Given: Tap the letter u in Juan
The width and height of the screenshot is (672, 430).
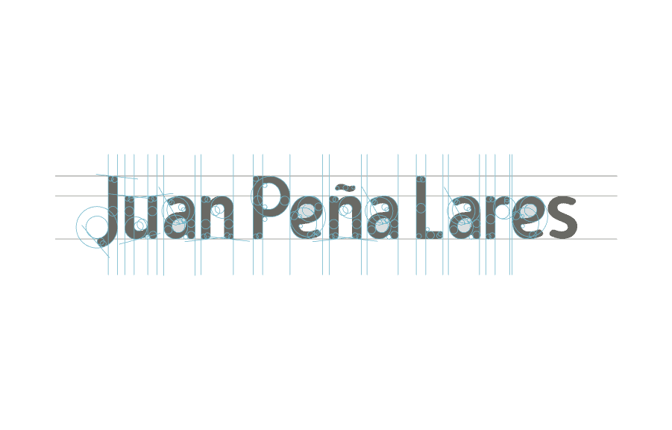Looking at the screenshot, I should (x=140, y=219).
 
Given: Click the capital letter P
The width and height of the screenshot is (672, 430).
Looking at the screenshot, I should (x=270, y=205).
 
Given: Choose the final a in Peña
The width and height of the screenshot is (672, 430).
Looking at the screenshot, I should (x=383, y=219).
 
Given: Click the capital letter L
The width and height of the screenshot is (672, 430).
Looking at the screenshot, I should (x=421, y=208).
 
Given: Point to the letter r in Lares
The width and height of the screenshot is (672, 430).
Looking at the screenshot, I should (x=495, y=218).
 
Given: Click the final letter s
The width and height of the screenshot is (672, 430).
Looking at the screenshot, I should (x=564, y=219).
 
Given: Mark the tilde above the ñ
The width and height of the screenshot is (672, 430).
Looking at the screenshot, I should (x=345, y=187).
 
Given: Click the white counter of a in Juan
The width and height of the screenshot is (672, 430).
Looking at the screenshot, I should (x=178, y=225).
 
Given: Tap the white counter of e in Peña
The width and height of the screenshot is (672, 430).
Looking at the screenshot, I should (x=307, y=212).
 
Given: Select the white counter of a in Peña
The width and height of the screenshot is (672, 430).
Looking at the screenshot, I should (x=382, y=225).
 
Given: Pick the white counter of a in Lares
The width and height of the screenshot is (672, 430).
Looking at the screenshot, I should (x=463, y=225).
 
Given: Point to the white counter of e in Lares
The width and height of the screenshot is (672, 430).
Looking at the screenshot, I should (x=528, y=211).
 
